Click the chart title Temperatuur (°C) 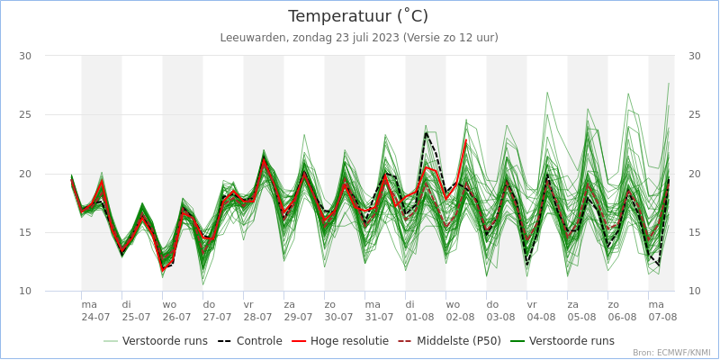tap(358, 16)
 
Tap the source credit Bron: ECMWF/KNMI tap(671, 353)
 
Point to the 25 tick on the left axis tap(25, 114)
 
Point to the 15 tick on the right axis tap(694, 232)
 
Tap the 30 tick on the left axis tap(25, 56)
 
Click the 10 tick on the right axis tap(694, 291)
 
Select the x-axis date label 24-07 tap(95, 317)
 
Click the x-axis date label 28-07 tap(257, 317)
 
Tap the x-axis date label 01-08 tap(419, 317)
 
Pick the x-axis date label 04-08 tap(541, 317)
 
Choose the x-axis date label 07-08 tap(662, 317)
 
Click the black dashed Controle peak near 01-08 tap(426, 133)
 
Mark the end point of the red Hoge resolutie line tap(466, 140)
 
